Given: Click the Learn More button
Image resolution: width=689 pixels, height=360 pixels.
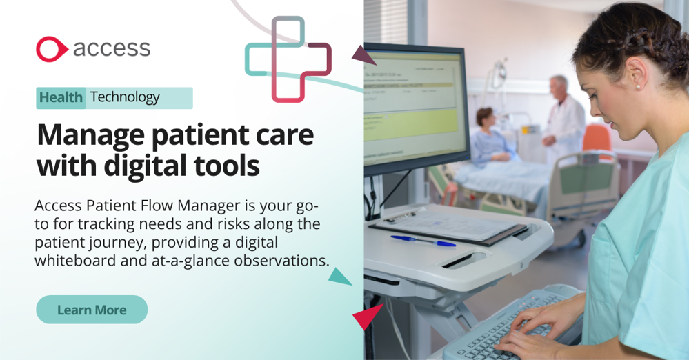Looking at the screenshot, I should pyautogui.click(x=92, y=310).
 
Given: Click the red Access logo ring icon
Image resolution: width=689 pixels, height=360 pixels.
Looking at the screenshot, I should pyautogui.click(x=51, y=49).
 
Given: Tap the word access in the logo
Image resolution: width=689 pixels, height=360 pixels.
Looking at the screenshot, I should pyautogui.click(x=111, y=48).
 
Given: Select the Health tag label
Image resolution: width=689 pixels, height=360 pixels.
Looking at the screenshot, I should pyautogui.click(x=61, y=98).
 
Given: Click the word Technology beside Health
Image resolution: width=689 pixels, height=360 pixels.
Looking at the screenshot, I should pyautogui.click(x=125, y=98).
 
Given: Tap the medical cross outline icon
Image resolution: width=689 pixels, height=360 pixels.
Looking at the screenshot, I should pyautogui.click(x=288, y=59).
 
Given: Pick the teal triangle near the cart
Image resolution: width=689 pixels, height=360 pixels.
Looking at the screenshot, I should pyautogui.click(x=339, y=276).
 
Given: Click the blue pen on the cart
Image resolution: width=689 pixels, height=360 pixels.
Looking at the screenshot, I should pyautogui.click(x=423, y=241).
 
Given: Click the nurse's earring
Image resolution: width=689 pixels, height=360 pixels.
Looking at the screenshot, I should pyautogui.click(x=637, y=86).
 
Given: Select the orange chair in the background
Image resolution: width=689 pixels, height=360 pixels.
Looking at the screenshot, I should pyautogui.click(x=597, y=138).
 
